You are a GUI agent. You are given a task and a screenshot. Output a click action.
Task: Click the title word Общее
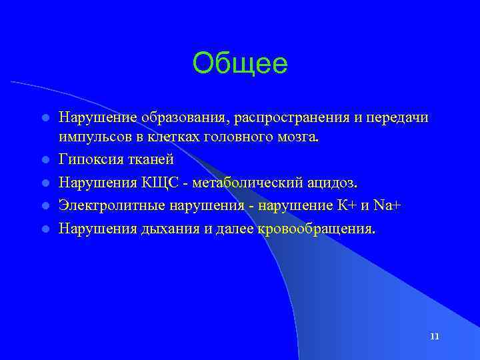(240, 64)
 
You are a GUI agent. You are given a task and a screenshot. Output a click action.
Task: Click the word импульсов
(89, 137)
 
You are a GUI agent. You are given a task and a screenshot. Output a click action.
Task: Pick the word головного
(229, 137)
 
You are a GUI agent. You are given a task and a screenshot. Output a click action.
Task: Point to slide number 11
(434, 336)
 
